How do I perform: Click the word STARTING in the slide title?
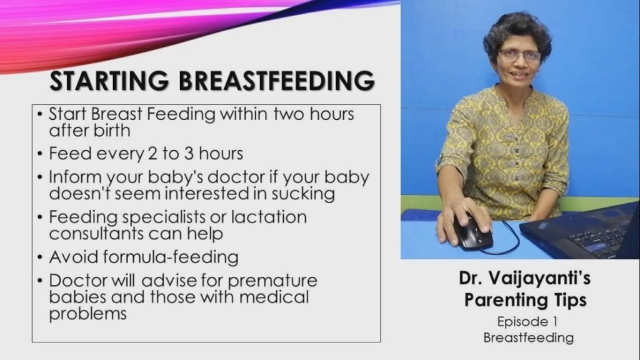click(109, 81)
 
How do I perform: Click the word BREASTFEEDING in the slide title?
click(276, 81)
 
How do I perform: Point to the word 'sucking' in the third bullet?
click(303, 194)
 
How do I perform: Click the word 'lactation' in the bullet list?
click(269, 217)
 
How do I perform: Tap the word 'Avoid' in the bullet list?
click(74, 257)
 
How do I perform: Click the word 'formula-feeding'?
click(171, 257)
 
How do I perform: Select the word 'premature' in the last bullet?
click(272, 281)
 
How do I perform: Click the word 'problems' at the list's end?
click(87, 314)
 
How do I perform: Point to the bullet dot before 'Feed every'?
click(39, 154)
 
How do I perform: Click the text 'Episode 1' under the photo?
click(527, 322)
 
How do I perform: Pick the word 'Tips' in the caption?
click(570, 301)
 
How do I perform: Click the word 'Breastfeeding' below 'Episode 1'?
click(529, 338)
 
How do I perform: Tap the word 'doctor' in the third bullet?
click(236, 177)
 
